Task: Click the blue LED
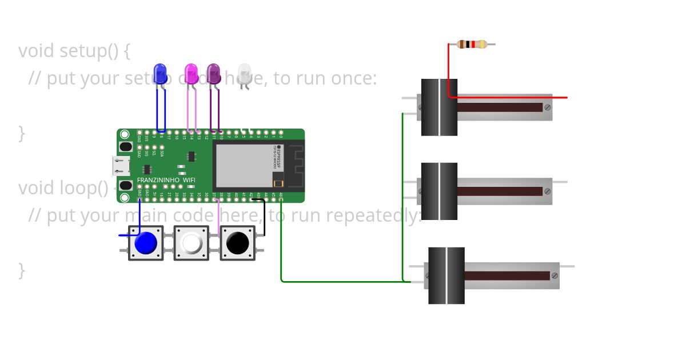click(161, 73)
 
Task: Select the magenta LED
click(191, 73)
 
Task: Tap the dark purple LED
click(214, 73)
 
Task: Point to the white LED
click(245, 73)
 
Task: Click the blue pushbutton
click(145, 243)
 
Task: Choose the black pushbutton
click(237, 243)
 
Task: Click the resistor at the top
click(472, 44)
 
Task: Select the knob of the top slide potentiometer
click(439, 107)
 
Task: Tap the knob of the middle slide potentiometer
click(439, 191)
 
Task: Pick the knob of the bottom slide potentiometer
click(446, 275)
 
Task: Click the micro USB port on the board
click(121, 166)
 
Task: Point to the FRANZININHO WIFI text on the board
click(166, 180)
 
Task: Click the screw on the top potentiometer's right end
click(548, 107)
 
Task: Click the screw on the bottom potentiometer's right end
click(555, 275)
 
